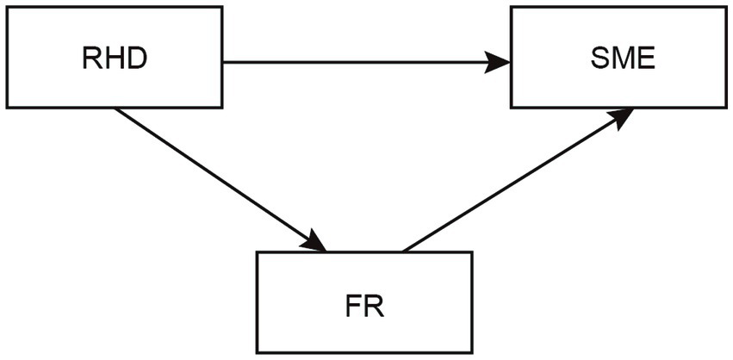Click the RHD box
pos(114,58)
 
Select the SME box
pos(618,58)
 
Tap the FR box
pos(364,302)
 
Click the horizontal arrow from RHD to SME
pos(362,62)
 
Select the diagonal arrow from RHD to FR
pos(215,177)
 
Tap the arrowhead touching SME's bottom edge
pos(623,116)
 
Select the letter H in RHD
pos(114,59)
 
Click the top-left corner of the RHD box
pos(7,8)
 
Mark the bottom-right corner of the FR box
pos(472,352)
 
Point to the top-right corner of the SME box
pos(726,8)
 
